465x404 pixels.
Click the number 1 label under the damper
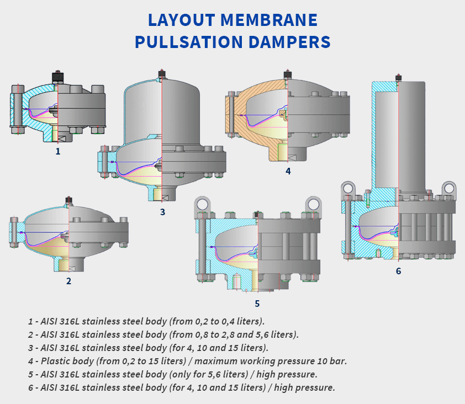57,150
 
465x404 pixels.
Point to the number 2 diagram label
68,281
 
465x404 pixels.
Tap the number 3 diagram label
162,211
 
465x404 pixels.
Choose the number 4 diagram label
288,171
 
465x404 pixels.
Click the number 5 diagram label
257,303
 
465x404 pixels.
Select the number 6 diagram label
398,271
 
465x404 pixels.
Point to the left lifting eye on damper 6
348,188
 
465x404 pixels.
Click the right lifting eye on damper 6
449,188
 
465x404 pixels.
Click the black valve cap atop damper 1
57,76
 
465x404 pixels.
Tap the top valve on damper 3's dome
162,73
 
